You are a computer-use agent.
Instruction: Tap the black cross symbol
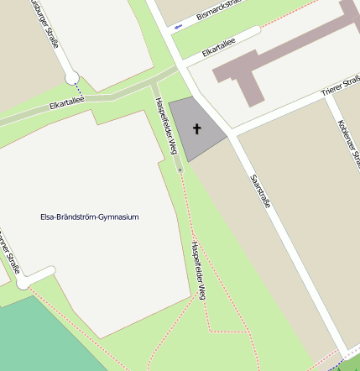click(197, 129)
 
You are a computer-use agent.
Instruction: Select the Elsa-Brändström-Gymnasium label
click(90, 217)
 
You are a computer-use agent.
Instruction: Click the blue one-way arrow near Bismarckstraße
click(178, 29)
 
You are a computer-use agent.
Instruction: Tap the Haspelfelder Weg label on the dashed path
click(199, 270)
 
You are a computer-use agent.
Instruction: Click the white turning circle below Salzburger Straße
click(72, 78)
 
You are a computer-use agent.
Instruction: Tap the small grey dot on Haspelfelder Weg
click(179, 171)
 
